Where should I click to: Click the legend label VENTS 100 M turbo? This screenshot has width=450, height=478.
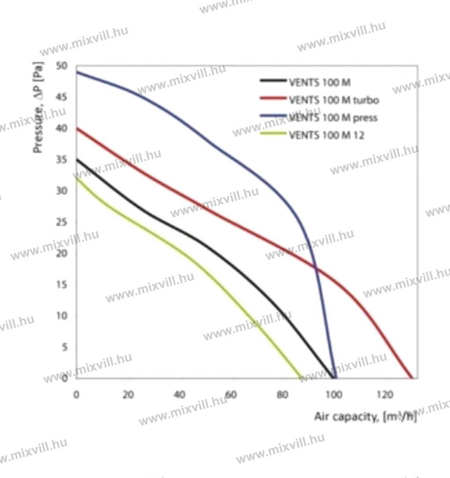pos(334,100)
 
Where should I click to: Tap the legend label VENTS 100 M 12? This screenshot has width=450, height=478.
pos(327,135)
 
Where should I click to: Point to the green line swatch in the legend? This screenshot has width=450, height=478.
pos(272,135)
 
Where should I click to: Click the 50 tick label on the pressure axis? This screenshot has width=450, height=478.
pos(62,66)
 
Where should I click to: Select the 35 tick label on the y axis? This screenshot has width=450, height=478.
pos(62,159)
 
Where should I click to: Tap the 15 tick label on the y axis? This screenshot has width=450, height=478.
pos(62,285)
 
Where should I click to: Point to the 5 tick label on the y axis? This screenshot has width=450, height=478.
pos(65,347)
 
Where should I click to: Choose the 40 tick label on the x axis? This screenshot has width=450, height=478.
pos(179,395)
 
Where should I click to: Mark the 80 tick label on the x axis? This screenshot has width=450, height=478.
pos(282,395)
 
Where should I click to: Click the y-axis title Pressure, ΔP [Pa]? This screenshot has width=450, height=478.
pos(39,113)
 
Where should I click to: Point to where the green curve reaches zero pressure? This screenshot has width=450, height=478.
pos(301,377)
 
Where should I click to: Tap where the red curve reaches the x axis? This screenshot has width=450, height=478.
pos(411,377)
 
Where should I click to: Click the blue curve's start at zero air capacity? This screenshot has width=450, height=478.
pos(76,72)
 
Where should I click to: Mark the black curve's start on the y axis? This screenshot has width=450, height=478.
pos(76,159)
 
